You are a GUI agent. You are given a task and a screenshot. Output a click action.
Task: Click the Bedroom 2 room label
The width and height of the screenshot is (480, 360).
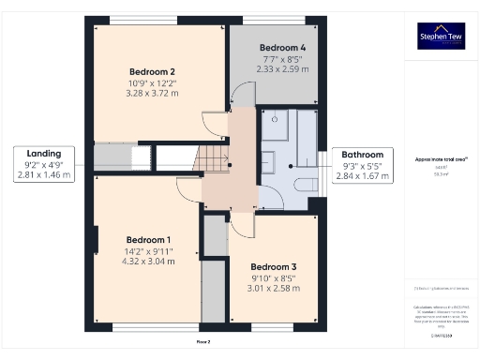coord(152,71)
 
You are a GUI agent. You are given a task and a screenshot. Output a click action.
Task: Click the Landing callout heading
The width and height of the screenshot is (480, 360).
coord(44,154)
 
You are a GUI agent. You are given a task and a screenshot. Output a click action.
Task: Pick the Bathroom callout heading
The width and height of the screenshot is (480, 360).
coord(362,155)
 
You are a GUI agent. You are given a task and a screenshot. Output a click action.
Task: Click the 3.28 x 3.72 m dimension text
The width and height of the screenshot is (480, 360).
coord(152,94)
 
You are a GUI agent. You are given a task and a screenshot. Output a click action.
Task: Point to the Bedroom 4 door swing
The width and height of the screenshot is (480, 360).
coord(241,93)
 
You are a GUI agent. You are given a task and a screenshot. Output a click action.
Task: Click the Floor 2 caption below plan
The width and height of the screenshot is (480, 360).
coord(202,342)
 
